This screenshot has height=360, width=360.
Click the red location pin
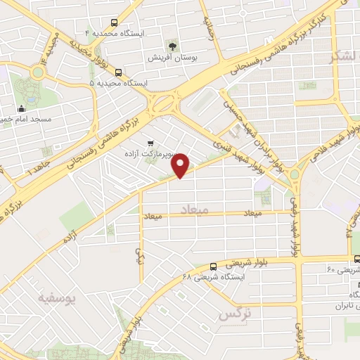point(181,165)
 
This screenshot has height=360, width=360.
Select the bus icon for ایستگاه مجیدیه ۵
point(117,71)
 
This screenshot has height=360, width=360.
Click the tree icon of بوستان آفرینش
point(167,43)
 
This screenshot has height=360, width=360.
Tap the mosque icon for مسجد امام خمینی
point(22,108)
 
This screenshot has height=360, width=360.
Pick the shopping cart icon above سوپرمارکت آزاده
point(150,143)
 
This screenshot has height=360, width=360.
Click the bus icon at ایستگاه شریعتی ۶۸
point(213,266)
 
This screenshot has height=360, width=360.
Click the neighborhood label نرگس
point(234,314)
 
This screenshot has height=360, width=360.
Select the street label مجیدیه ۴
point(49,48)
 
